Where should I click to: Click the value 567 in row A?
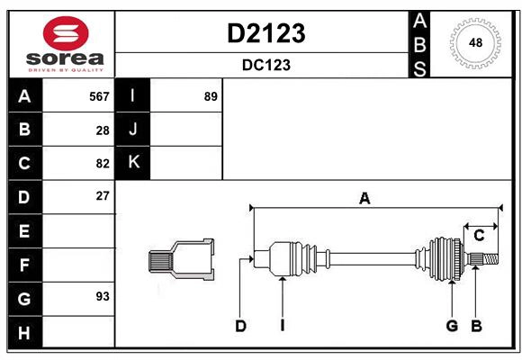point(99,96)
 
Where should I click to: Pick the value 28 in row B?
point(103,130)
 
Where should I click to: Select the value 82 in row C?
point(103,164)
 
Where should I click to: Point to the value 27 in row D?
point(103,196)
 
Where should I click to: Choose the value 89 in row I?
point(211,96)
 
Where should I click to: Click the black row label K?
point(133,163)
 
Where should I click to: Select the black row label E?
point(24,231)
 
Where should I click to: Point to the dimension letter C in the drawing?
point(479,236)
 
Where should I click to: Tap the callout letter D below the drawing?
point(240,326)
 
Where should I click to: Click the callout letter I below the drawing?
point(282,326)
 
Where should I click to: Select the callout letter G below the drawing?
point(452,326)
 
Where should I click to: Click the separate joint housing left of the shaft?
point(183,259)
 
